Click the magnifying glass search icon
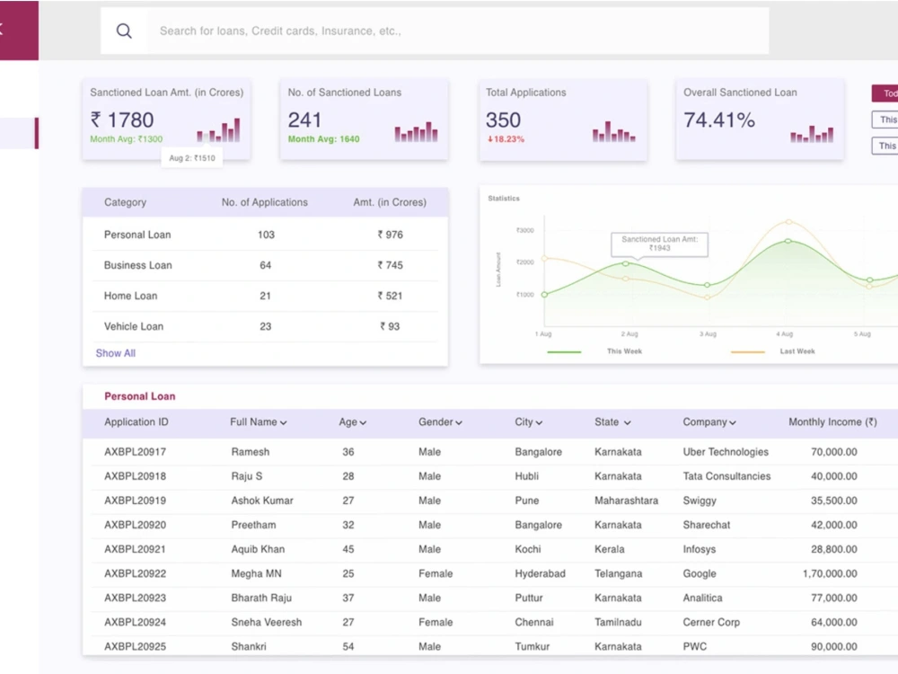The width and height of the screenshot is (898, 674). click(124, 31)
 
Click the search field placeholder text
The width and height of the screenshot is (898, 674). click(280, 31)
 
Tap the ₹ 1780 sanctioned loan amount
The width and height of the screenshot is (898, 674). click(122, 120)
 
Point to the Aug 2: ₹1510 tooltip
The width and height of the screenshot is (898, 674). click(192, 158)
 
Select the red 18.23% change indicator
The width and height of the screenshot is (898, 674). click(506, 139)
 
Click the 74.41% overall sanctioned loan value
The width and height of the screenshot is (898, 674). click(718, 120)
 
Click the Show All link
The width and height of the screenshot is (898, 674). click(115, 353)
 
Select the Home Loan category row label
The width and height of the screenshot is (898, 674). click(130, 296)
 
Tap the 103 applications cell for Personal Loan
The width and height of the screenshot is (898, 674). click(266, 235)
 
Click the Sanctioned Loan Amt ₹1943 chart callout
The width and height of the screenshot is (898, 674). click(659, 243)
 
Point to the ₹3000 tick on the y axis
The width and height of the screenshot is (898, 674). click(524, 230)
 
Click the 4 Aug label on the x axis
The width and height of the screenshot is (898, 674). click(784, 334)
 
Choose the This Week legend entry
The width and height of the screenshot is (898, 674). click(624, 351)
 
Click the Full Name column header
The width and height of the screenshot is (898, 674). click(258, 422)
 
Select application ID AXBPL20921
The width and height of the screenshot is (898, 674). click(135, 549)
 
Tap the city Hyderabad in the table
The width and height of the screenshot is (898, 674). click(540, 573)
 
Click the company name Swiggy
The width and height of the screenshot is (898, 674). click(700, 501)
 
